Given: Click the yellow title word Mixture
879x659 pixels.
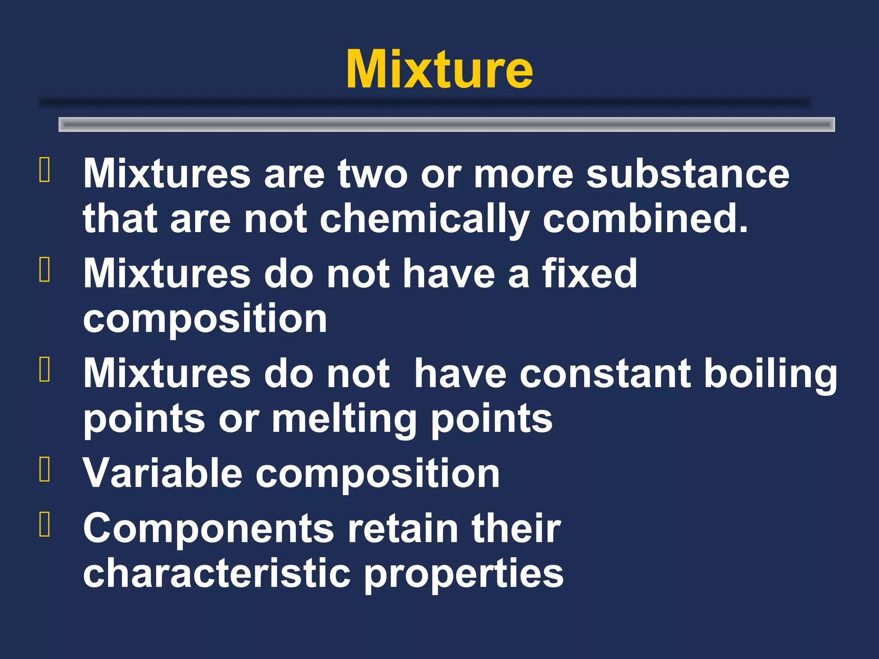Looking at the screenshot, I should click(x=439, y=70).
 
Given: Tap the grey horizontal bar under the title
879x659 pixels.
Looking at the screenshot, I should click(x=446, y=124).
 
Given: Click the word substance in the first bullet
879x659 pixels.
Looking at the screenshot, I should click(x=688, y=174).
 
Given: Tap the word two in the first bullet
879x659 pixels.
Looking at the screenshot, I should click(x=372, y=174).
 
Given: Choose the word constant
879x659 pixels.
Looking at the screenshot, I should click(x=605, y=373).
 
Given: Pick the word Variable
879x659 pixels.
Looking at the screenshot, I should click(x=163, y=473).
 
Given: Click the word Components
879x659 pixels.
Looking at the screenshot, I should click(x=209, y=529).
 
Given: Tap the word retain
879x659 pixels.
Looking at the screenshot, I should click(x=403, y=528).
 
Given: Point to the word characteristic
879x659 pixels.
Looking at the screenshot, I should click(x=217, y=573).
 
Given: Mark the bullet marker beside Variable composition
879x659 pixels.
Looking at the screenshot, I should click(x=45, y=469).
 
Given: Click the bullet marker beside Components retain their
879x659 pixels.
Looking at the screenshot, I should click(x=45, y=524).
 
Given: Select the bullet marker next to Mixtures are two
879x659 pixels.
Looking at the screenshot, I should click(x=45, y=170).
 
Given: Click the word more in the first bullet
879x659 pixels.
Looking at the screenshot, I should click(x=523, y=174).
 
